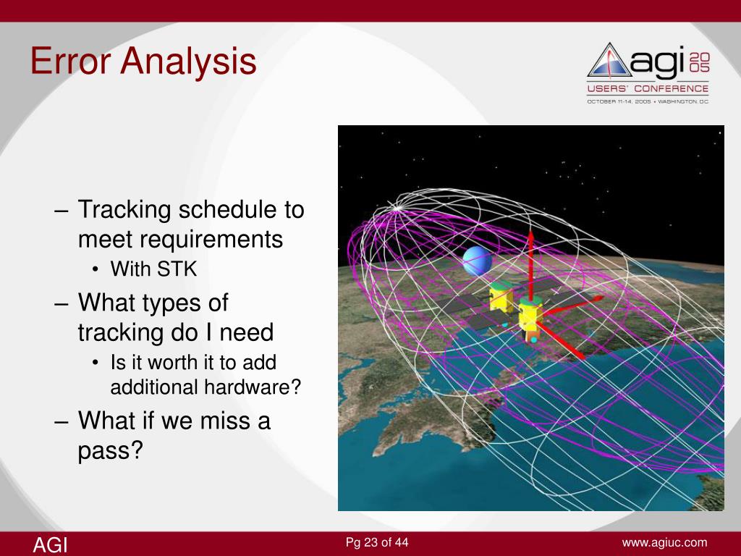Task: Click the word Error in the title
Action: pyautogui.click(x=71, y=61)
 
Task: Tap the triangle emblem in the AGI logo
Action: pyautogui.click(x=609, y=60)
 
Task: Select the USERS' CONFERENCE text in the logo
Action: pyautogui.click(x=648, y=88)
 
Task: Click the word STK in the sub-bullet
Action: pyautogui.click(x=177, y=269)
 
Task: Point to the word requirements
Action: pyautogui.click(x=180, y=239)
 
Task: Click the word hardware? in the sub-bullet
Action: pyautogui.click(x=253, y=387)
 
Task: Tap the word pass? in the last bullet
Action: pyautogui.click(x=110, y=450)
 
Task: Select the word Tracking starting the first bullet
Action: pyautogui.click(x=124, y=210)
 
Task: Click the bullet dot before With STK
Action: pyautogui.click(x=96, y=270)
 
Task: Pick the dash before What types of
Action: pyautogui.click(x=62, y=304)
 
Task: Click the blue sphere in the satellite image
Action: pyautogui.click(x=477, y=261)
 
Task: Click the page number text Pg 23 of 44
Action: pyautogui.click(x=377, y=542)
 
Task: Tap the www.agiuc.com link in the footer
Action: pyautogui.click(x=664, y=543)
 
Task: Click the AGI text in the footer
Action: pyautogui.click(x=50, y=544)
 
